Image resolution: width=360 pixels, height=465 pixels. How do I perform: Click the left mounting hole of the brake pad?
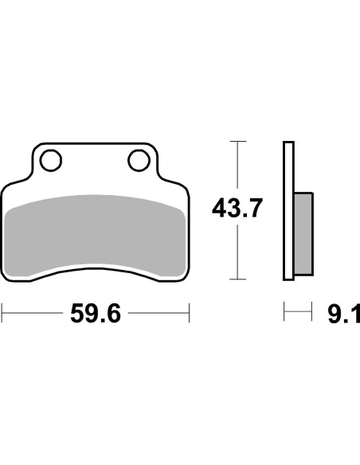[52, 162]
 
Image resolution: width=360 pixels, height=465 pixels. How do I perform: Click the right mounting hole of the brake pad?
[136, 162]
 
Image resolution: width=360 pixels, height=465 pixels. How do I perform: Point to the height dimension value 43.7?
[237, 210]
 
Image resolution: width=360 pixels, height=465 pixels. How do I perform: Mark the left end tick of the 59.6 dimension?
[2, 313]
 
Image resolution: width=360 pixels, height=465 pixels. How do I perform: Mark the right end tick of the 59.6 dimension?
[190, 313]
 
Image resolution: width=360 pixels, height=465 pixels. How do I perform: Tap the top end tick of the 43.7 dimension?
[236, 141]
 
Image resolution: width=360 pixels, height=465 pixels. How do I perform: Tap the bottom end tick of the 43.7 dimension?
[236, 279]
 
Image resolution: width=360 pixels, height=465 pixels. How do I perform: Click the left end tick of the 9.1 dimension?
[284, 313]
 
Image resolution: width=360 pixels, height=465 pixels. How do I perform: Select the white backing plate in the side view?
[288, 210]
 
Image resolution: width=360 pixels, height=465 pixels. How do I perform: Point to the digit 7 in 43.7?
[254, 210]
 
